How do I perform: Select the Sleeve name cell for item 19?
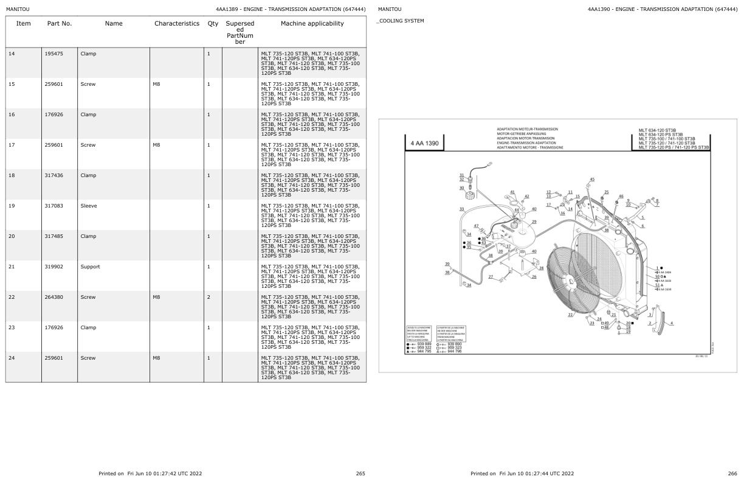coord(89,206)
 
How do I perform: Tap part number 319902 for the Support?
coord(54,267)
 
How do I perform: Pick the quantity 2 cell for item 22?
coord(208,297)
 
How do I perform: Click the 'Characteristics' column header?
coord(176,24)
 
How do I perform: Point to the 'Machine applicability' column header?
coord(312,24)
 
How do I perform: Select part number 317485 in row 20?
coord(54,236)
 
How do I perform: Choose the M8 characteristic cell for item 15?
coord(156,84)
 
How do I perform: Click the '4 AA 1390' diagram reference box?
coord(424,144)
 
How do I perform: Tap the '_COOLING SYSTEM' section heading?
coord(401,21)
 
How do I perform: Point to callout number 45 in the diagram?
coord(592,180)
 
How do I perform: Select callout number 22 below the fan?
coord(570,315)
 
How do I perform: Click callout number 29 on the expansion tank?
coord(534,222)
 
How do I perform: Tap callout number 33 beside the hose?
coord(461,209)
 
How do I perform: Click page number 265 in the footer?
coord(360,473)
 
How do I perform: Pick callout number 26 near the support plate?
coord(534,277)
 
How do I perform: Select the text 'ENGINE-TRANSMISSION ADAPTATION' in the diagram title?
coord(526,143)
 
